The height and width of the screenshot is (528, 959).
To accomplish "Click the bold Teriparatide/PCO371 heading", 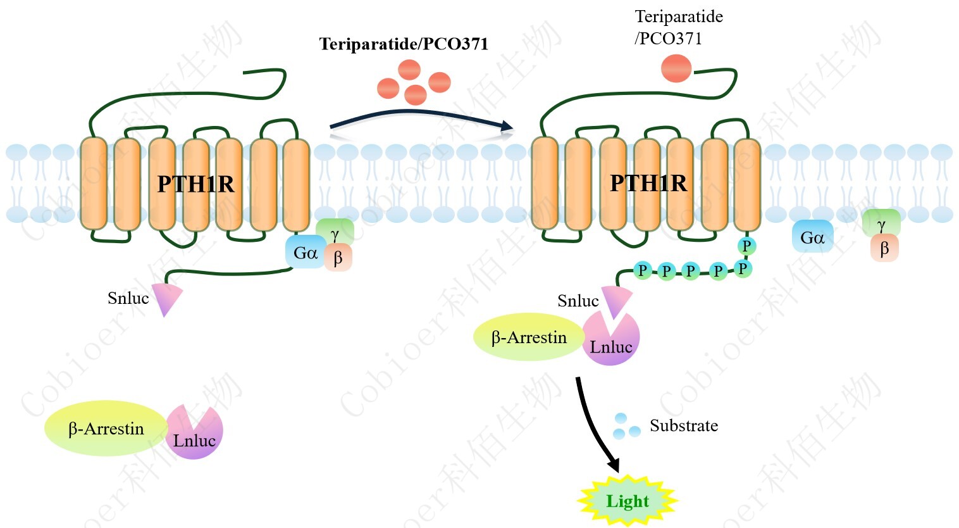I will (x=404, y=44).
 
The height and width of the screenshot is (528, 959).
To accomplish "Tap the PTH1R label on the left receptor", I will (x=195, y=184).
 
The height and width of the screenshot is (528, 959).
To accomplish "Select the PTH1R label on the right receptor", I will (x=648, y=183).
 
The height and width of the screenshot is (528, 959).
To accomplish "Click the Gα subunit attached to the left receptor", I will (x=306, y=253).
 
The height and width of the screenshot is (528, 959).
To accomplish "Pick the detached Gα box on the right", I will (x=813, y=237).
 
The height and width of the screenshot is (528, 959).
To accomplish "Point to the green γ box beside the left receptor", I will (x=335, y=233).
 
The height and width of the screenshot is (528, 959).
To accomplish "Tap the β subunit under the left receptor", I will (x=338, y=258).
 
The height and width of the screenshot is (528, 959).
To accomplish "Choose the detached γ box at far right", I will (x=881, y=223).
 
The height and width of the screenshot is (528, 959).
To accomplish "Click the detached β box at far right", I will (x=884, y=248).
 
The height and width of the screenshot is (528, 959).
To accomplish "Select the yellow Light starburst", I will (x=628, y=501).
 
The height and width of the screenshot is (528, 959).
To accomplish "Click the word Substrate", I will (x=684, y=425).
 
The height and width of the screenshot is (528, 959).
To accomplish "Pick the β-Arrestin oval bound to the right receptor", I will (x=528, y=337).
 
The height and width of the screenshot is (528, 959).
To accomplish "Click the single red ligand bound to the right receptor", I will (x=676, y=68).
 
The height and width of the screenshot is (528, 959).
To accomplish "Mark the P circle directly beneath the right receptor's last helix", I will (x=746, y=246).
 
